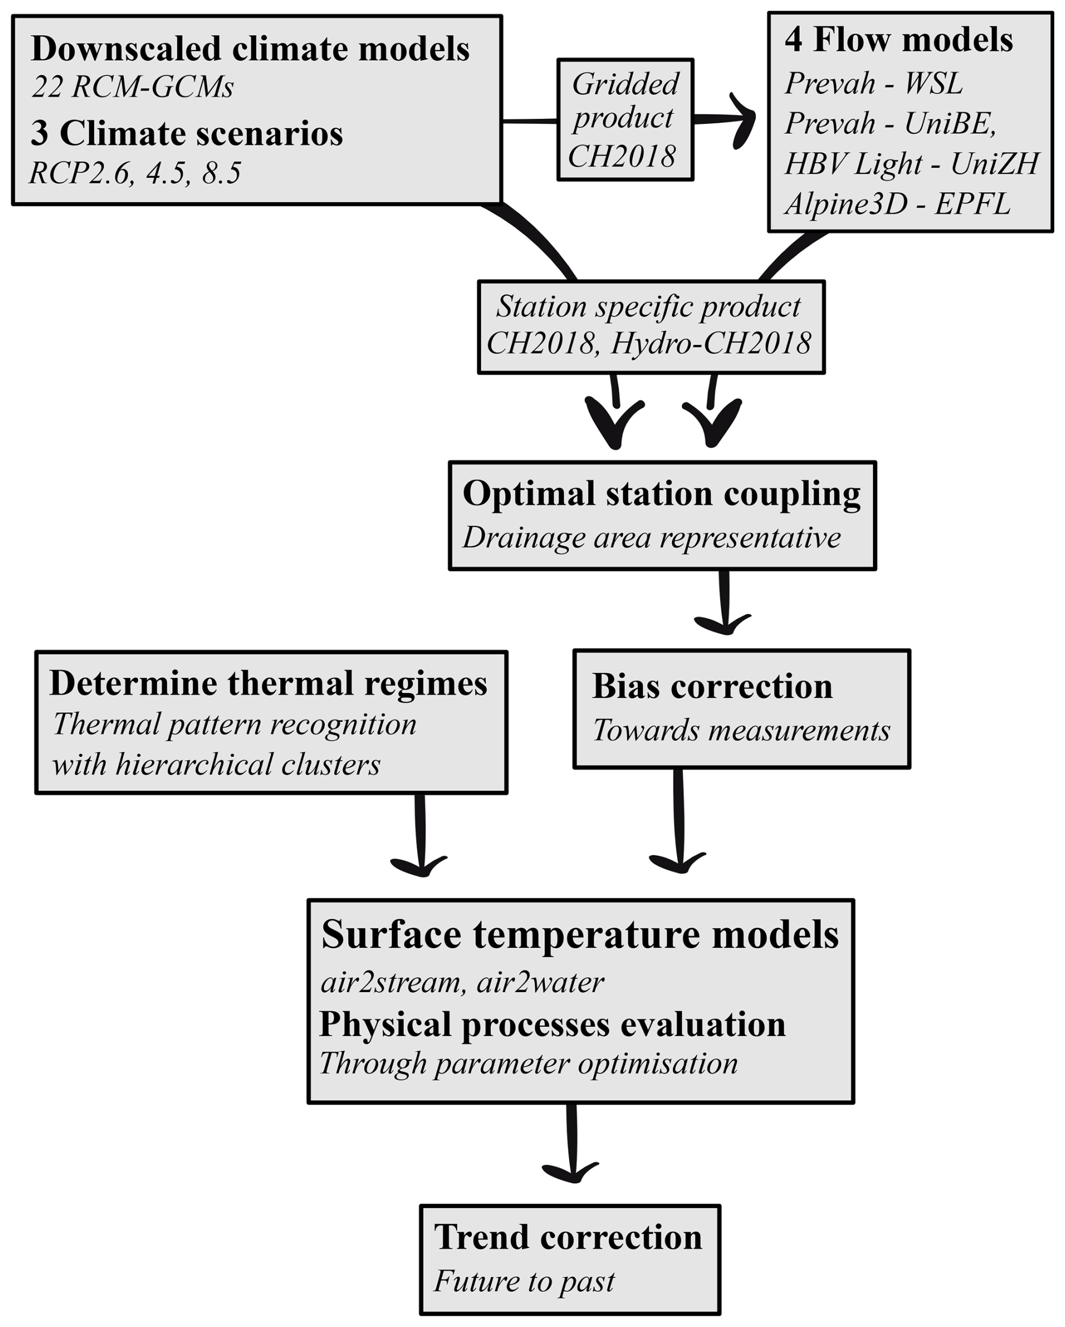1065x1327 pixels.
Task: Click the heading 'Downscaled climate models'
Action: tap(250, 49)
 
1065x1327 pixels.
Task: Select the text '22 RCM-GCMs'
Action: tap(133, 87)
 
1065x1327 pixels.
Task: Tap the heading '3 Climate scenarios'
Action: tap(186, 133)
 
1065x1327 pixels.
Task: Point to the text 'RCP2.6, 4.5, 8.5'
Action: tap(135, 173)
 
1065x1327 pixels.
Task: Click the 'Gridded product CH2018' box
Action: tap(624, 119)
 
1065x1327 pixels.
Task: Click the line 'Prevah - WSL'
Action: tap(873, 83)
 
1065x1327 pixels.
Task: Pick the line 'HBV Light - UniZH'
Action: tap(911, 164)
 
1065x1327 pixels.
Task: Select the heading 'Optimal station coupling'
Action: tap(661, 494)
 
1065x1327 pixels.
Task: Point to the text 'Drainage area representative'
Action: tap(651, 538)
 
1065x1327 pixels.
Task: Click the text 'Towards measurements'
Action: tap(741, 731)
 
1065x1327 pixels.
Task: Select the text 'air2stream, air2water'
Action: tap(462, 982)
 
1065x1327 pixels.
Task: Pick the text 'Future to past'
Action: tap(523, 1281)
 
